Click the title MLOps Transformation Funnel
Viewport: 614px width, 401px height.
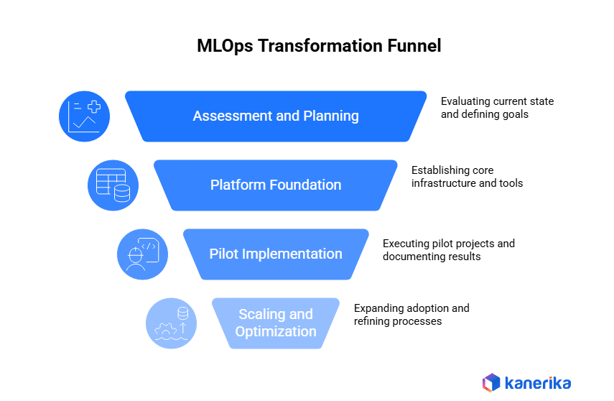[319, 46]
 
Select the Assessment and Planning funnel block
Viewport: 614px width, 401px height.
[276, 116]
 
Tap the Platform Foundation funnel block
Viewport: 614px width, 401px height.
[276, 185]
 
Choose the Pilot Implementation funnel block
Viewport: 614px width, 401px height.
[276, 254]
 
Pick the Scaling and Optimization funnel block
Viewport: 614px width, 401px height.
[276, 323]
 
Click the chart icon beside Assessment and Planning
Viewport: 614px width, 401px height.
[84, 116]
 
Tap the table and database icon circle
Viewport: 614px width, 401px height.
[113, 185]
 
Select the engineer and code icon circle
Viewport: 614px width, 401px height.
[142, 254]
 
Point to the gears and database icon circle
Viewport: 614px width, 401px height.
[171, 323]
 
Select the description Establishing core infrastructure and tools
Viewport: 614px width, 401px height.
[467, 177]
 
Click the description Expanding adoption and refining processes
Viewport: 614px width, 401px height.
[411, 315]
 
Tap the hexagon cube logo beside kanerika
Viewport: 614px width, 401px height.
[491, 382]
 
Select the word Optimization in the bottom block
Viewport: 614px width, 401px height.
[276, 331]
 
